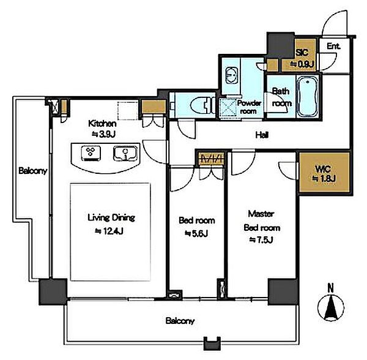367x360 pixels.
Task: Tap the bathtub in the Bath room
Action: pos(308,97)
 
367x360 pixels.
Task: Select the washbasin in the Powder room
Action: pos(231,75)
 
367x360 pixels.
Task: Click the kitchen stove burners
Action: pos(91,153)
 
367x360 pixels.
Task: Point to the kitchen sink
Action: pos(125,154)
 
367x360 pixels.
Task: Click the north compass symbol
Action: pos(331,307)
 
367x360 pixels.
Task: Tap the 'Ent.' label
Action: pos(333,46)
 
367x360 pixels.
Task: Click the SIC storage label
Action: pos(302,53)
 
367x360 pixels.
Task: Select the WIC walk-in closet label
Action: pos(323,169)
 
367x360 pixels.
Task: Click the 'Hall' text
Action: pos(262,135)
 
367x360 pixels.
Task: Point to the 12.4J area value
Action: pos(109,231)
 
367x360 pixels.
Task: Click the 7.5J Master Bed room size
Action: pos(261,240)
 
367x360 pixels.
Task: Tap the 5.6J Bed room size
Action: pos(196,233)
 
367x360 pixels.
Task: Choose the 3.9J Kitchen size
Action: pos(103,134)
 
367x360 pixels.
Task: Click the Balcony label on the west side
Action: pos(33,171)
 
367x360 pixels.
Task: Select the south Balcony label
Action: pos(180,321)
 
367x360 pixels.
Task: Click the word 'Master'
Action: pos(261,214)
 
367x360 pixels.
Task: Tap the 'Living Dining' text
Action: pos(111,218)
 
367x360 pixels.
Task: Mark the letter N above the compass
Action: pos(330,288)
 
